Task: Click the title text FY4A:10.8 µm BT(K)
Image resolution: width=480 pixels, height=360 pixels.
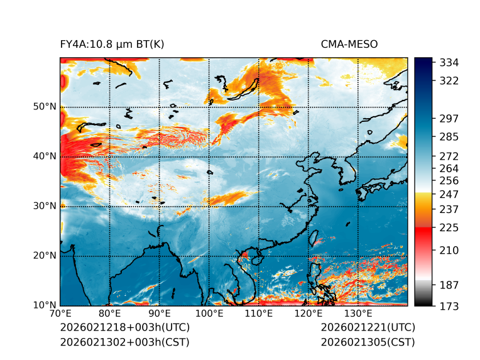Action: point(112,44)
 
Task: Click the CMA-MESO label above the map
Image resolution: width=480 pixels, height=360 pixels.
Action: point(349,44)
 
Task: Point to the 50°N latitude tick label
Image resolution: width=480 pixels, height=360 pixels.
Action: point(45,107)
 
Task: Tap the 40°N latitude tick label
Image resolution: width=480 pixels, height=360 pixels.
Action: point(45,156)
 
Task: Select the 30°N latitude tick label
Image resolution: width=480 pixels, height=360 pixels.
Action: point(45,206)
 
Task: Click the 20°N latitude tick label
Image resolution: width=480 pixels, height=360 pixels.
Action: point(45,256)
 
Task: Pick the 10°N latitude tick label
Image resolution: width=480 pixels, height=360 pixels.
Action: point(45,305)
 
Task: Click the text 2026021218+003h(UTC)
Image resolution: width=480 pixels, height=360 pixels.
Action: point(124,327)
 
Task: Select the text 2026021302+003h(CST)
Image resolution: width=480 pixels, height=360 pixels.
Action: point(124,342)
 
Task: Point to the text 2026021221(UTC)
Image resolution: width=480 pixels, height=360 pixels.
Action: point(368,327)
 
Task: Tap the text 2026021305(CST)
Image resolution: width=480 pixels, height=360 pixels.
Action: point(368,342)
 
